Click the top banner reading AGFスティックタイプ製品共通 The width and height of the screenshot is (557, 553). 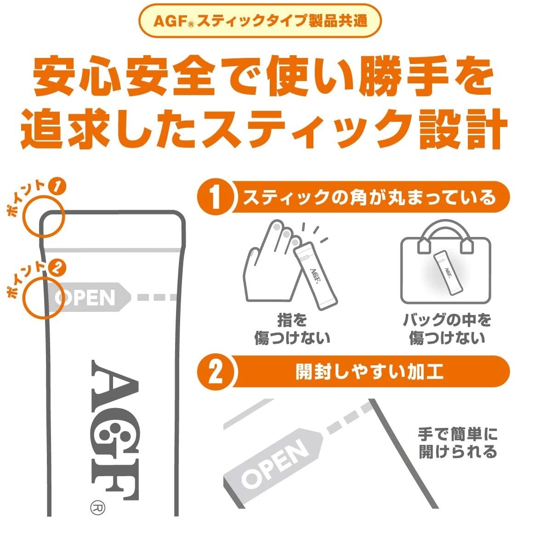[260, 21]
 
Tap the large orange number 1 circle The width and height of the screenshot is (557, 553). [216, 197]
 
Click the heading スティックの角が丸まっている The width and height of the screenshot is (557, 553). [369, 198]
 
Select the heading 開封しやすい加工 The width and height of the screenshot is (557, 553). [369, 372]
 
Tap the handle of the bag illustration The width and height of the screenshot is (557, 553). [446, 234]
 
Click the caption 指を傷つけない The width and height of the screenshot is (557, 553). [292, 329]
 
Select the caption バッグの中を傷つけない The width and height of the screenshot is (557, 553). [447, 329]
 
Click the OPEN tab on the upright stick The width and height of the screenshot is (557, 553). [90, 297]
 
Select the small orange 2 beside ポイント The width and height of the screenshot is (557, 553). [57, 267]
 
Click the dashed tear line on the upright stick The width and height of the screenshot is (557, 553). [157, 297]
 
